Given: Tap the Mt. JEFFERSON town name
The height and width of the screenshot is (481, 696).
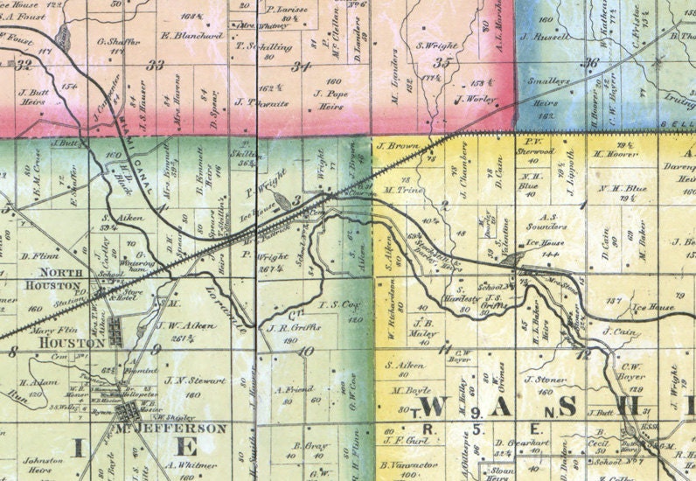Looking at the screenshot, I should point(171,429).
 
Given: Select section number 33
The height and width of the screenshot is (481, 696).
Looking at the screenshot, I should point(157,66).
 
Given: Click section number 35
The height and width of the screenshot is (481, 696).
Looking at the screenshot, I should point(442,62).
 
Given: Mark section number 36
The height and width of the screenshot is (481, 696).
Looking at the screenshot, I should point(591,62).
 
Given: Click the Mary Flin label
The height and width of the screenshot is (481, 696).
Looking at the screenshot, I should point(50,331).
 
